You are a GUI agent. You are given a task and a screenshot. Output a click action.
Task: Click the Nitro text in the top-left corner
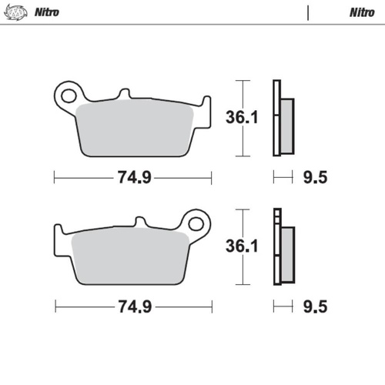[49, 12]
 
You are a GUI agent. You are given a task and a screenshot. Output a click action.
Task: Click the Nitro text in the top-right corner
[362, 12]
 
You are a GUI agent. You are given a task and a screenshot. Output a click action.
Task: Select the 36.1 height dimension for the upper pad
[240, 118]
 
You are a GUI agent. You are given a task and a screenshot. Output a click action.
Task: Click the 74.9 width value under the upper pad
[133, 178]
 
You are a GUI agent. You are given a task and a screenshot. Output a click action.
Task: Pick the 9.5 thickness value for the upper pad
[316, 178]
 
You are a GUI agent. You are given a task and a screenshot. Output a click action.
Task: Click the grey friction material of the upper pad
[135, 131]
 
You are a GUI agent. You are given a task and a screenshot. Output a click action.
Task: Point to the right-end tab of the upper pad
[205, 104]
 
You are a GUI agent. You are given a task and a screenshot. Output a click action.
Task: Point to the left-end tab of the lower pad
[59, 233]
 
